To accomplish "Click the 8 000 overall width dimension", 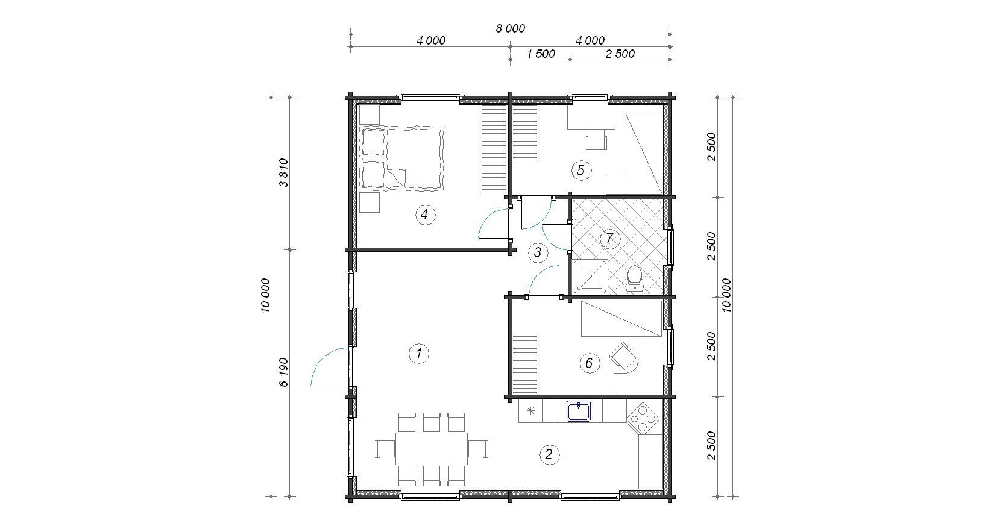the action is [511, 28].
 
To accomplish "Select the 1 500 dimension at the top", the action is [541, 54].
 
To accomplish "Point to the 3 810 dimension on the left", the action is [283, 173].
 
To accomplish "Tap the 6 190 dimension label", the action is [283, 372].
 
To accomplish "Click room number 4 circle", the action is [424, 215].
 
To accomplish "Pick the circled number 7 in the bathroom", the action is [609, 238].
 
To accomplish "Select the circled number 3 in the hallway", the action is [538, 252].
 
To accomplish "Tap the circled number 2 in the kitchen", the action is [549, 455].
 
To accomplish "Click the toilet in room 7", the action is [634, 279].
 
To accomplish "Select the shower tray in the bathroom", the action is [590, 278].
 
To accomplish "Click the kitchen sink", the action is [579, 411].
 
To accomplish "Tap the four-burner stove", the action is [643, 418].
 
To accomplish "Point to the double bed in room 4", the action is [401, 159].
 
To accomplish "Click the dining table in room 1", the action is [431, 448].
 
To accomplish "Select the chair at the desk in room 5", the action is [597, 139].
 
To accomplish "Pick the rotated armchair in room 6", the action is [623, 357].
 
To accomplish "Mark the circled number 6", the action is [589, 363].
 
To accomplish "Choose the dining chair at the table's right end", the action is [478, 448].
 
